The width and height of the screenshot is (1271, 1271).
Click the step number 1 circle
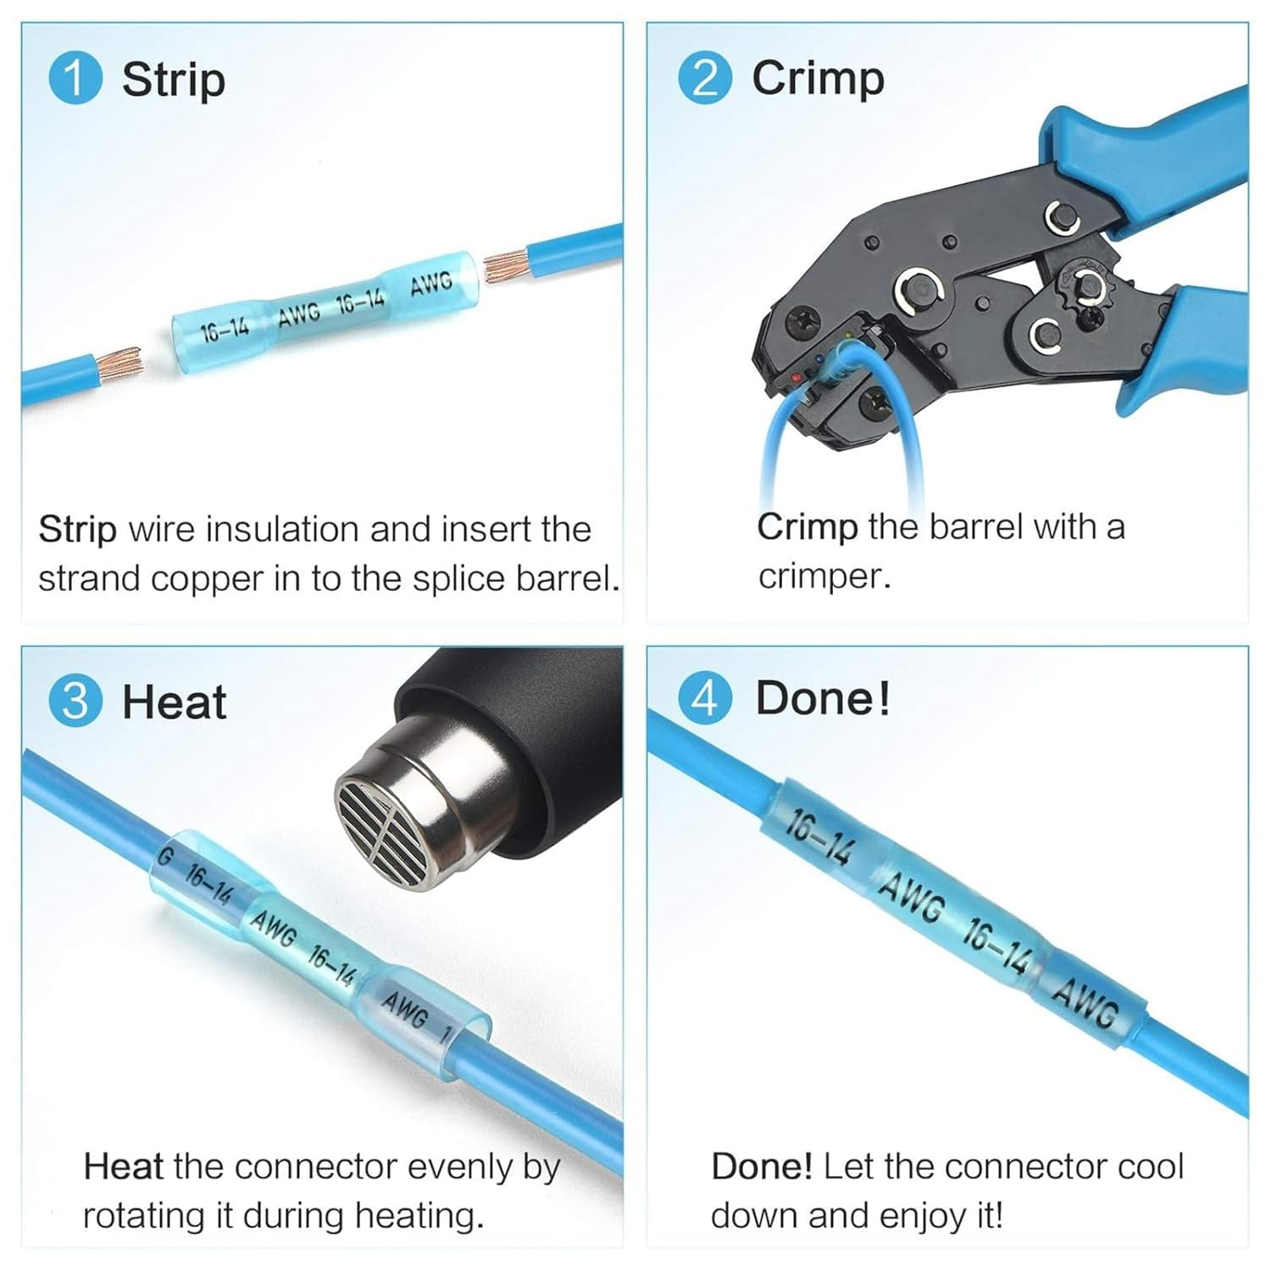pos(75,78)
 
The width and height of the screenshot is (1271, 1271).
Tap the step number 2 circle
pos(704,78)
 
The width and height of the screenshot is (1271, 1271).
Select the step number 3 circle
pos(75,702)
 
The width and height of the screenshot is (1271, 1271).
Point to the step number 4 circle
pos(704,699)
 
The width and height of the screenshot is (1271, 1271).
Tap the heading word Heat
pos(175,702)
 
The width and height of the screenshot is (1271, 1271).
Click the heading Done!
pos(822,699)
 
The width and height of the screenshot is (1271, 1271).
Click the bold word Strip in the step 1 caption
pos(77,530)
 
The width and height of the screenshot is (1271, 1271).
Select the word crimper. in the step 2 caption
pos(824,577)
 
